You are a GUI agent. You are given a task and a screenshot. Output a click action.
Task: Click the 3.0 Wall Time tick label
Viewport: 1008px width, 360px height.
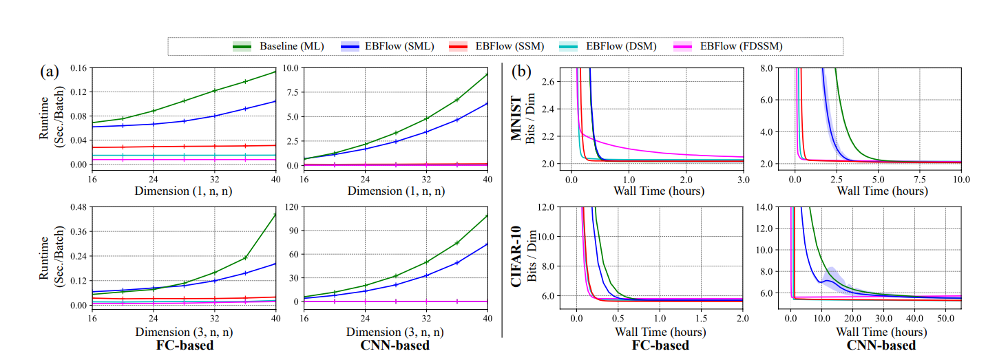point(744,180)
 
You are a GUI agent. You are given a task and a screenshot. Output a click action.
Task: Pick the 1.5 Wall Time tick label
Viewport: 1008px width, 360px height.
point(702,320)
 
